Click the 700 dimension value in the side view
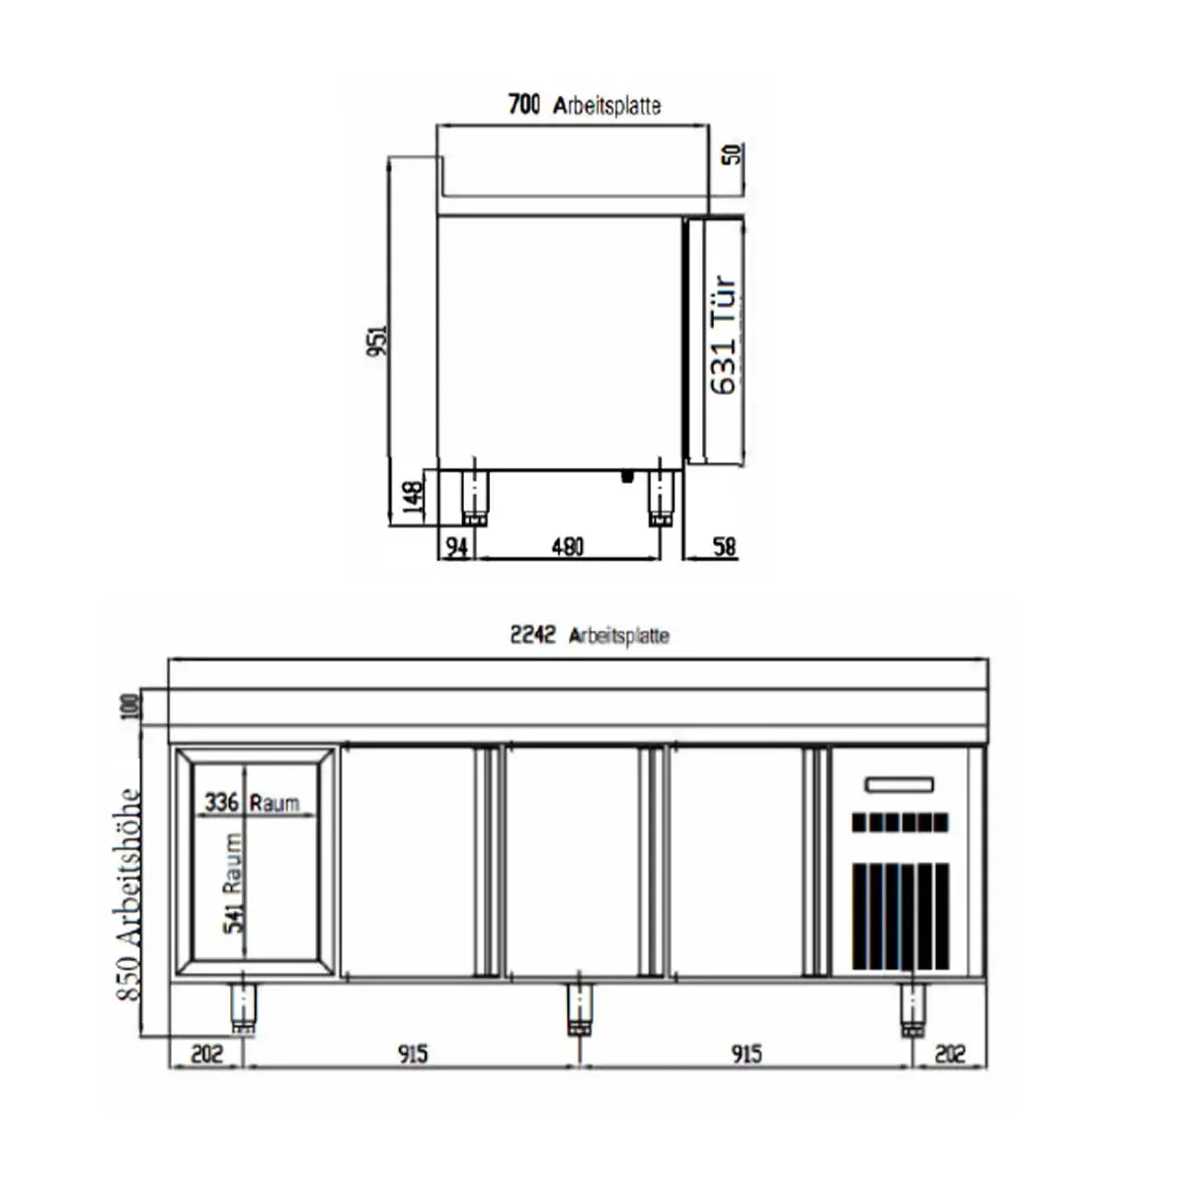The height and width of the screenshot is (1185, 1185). click(523, 104)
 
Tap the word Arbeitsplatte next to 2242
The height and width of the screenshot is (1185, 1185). click(619, 636)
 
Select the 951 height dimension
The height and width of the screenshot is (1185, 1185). click(378, 341)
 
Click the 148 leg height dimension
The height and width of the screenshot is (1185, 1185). click(415, 499)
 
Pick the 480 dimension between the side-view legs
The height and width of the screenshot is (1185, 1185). click(567, 547)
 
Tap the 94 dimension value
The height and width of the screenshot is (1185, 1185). click(455, 547)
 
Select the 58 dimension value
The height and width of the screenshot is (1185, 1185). click(725, 547)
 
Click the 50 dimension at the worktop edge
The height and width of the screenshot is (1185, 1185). click(733, 154)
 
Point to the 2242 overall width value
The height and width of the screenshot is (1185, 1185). click(533, 635)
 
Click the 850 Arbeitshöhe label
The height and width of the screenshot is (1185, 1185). click(129, 894)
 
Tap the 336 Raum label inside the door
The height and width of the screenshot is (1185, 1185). click(251, 802)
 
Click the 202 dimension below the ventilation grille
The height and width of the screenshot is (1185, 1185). click(949, 1054)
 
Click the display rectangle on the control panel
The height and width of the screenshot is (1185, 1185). click(899, 785)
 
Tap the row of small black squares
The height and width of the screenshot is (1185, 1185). click(899, 822)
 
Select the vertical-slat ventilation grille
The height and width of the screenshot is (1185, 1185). click(900, 915)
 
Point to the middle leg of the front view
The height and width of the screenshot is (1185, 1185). click(580, 1009)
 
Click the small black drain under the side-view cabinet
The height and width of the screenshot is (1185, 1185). click(625, 476)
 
